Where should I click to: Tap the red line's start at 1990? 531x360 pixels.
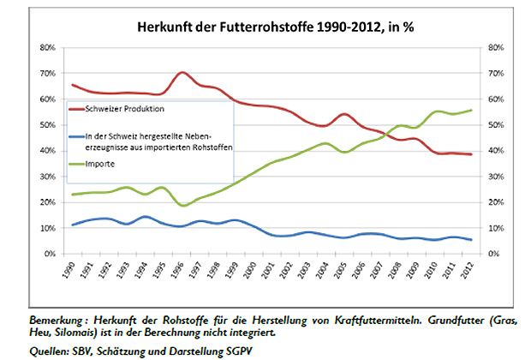point(73,85)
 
